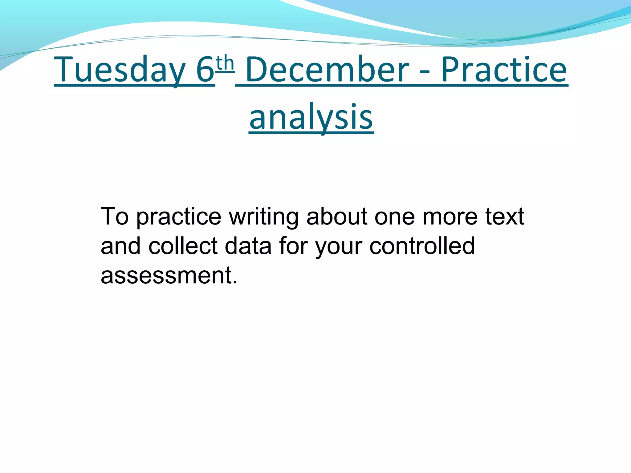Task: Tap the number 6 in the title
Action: point(205,70)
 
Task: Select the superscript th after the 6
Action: point(225,63)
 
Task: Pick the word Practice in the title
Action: point(504,70)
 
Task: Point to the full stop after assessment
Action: point(235,282)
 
